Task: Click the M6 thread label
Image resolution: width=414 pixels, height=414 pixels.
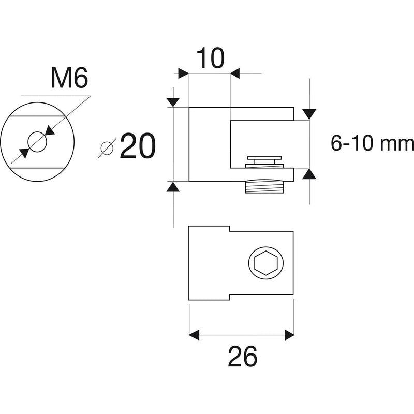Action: click(69, 78)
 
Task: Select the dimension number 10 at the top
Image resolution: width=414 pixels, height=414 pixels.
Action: click(211, 58)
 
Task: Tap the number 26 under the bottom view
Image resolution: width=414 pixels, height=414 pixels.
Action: click(242, 357)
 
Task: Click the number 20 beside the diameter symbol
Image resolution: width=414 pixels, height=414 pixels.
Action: click(138, 146)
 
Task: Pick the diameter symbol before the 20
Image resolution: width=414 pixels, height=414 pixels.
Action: click(107, 148)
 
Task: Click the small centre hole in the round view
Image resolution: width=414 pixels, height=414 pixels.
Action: click(37, 142)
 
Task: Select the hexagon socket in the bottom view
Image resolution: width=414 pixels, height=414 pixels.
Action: click(266, 263)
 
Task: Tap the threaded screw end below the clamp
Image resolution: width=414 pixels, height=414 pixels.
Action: click(264, 187)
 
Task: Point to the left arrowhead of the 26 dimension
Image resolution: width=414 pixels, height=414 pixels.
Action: click(194, 335)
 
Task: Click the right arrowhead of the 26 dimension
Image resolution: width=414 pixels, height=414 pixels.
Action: click(289, 335)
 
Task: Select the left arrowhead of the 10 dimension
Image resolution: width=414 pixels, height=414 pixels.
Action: click(184, 73)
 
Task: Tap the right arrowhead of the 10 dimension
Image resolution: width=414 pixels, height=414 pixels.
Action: click(235, 73)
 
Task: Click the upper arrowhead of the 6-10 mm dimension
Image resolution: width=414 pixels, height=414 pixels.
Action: click(309, 114)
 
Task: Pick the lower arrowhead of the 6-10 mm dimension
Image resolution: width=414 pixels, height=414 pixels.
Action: click(309, 174)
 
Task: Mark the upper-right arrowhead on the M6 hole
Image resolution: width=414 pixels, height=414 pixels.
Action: click(50, 130)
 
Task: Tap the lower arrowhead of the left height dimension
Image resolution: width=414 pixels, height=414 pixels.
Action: click(173, 186)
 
